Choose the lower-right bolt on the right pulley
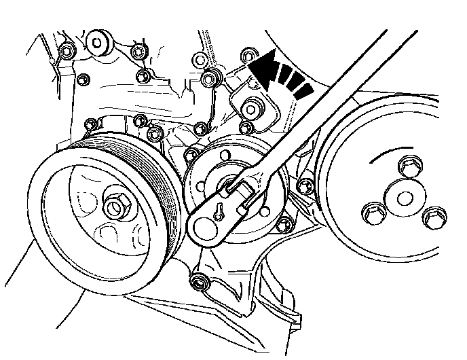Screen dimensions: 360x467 [x=433, y=217]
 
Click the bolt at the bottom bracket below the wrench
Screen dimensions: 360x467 [x=199, y=281]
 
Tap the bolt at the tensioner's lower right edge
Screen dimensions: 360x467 [x=284, y=219]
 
